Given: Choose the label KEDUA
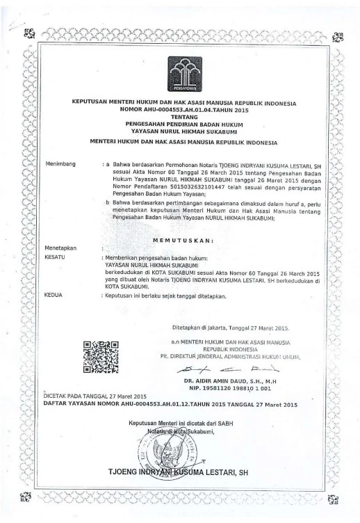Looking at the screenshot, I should (54, 296).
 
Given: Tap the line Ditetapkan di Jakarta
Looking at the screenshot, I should (231, 328).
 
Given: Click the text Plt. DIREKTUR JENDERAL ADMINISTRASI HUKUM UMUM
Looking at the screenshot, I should (236, 355).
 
